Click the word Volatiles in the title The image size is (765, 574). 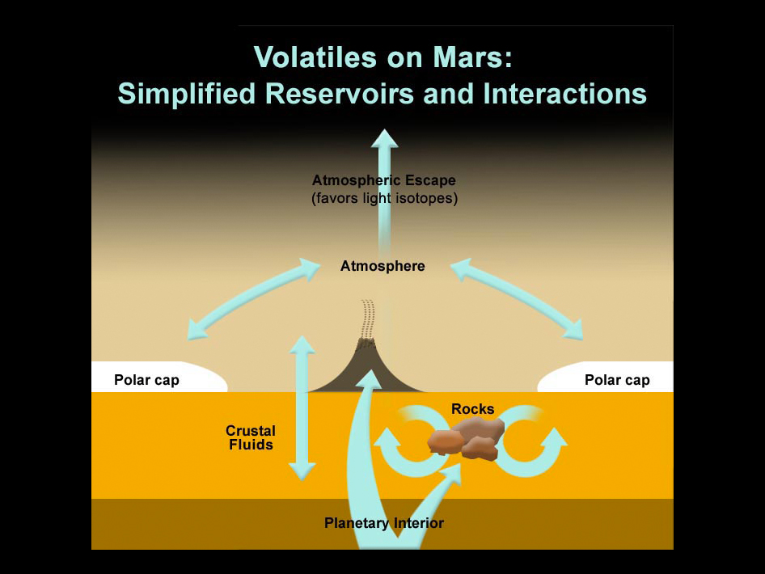pyautogui.click(x=315, y=57)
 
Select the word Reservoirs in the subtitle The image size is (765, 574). pyautogui.click(x=340, y=93)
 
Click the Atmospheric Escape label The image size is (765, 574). pyautogui.click(x=384, y=180)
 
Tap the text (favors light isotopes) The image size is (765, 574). pyautogui.click(x=384, y=199)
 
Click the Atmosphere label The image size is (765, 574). pyautogui.click(x=382, y=266)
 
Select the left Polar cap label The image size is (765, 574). pyautogui.click(x=146, y=380)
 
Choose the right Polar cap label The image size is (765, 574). pyautogui.click(x=617, y=380)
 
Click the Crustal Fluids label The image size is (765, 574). pyautogui.click(x=251, y=437)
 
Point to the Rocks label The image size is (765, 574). pyautogui.click(x=473, y=409)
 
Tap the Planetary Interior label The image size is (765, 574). pyautogui.click(x=384, y=523)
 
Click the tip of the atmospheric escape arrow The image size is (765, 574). pyautogui.click(x=384, y=129)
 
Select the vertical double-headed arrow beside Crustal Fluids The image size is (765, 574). pyautogui.click(x=302, y=407)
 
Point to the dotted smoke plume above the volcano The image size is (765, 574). pyautogui.click(x=367, y=319)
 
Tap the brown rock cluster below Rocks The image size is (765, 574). pyautogui.click(x=466, y=439)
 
